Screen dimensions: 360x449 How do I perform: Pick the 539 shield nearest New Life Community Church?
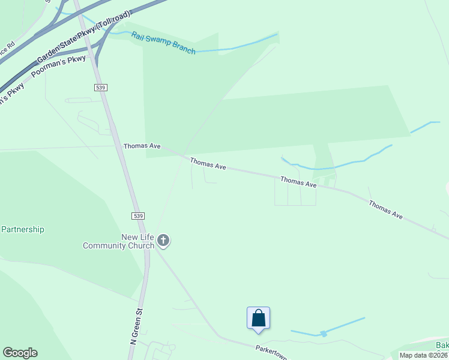137,215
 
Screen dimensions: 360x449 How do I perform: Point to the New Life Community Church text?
118,241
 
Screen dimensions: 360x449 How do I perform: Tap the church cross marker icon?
163,241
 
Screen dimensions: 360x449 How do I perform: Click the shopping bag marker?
258,318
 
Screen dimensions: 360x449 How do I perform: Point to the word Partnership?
23,229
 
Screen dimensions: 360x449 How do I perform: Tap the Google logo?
20,353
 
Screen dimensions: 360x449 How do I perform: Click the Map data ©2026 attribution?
423,355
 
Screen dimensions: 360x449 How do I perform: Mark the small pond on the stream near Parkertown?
323,333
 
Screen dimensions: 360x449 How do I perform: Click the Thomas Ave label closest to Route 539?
142,146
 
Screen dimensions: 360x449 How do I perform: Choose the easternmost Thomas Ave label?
385,209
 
